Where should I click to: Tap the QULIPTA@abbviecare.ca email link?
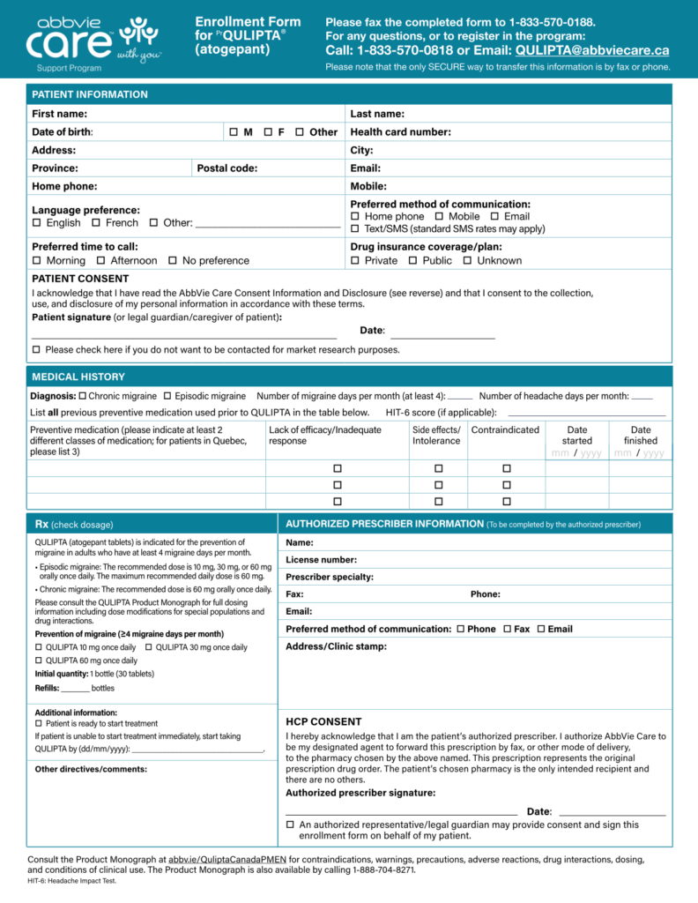tap(592, 50)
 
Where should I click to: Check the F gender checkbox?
tap(267, 132)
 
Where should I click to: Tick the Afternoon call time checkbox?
tap(100, 261)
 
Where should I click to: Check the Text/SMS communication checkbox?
tap(355, 229)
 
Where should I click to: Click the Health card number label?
tap(401, 132)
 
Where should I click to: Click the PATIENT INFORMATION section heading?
tap(90, 94)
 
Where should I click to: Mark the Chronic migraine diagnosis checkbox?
tap(82, 396)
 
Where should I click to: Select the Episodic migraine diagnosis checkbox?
tap(167, 396)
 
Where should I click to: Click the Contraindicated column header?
tap(505, 429)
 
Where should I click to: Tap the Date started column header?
tap(577, 435)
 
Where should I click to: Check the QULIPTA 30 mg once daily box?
tap(149, 647)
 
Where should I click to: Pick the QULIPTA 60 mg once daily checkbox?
tap(39, 660)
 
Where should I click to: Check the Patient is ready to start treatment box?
tap(39, 723)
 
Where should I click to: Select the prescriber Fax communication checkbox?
tap(507, 629)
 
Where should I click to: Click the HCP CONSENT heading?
tap(323, 721)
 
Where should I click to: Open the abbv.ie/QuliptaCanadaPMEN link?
tap(227, 858)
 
